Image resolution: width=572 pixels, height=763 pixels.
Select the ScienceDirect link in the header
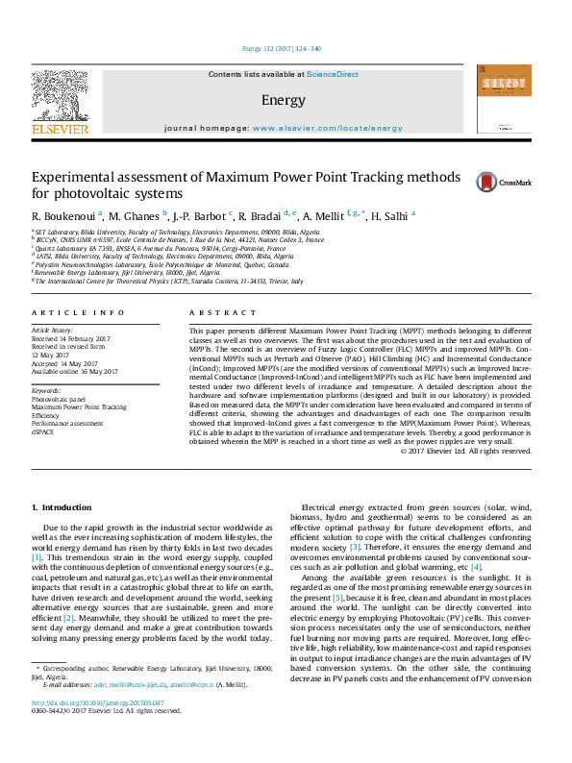click(x=333, y=74)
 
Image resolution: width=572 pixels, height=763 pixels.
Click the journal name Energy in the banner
click(x=283, y=100)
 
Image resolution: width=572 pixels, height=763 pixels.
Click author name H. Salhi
click(x=390, y=215)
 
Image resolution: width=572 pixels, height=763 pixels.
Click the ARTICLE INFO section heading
click(x=78, y=313)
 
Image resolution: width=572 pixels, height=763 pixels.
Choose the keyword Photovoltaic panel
click(x=59, y=399)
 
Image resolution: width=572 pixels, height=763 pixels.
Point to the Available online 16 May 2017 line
click(x=75, y=370)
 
